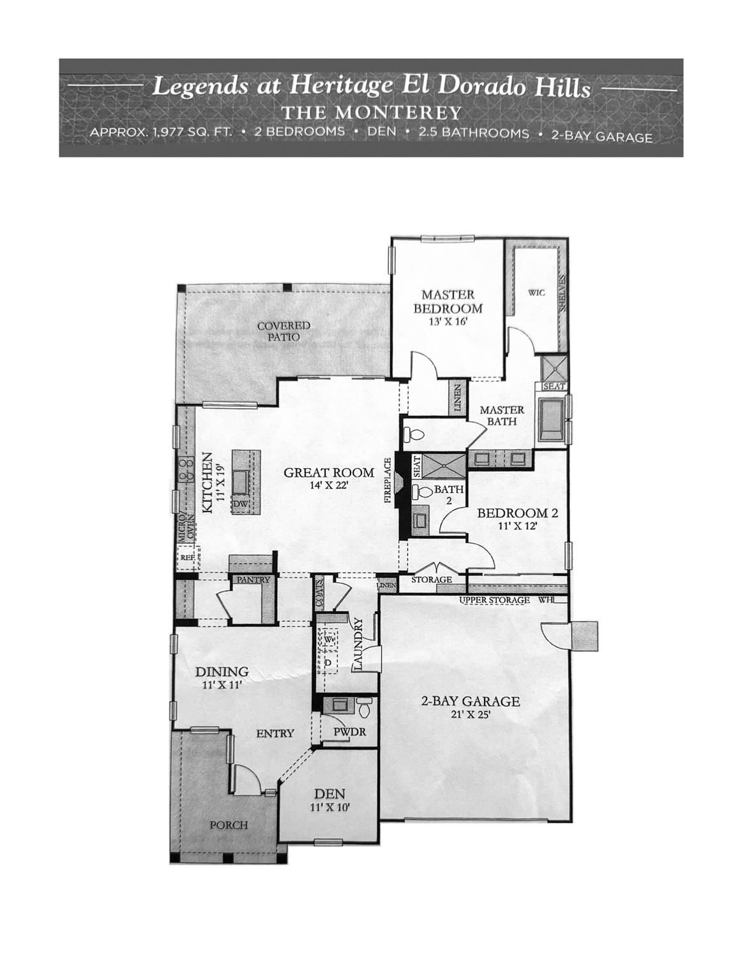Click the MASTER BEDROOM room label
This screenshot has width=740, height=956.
(448, 302)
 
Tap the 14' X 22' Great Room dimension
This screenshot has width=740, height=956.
(329, 486)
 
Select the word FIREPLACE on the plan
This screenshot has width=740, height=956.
(388, 480)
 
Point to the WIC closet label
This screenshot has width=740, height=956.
(536, 292)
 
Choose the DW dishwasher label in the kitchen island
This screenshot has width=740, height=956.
(240, 504)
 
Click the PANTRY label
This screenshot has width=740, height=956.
(253, 580)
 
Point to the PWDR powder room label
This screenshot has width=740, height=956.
(350, 731)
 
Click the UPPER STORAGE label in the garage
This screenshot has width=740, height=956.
(494, 600)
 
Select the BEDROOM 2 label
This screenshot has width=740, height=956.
(518, 513)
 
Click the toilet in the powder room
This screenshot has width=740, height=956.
(365, 707)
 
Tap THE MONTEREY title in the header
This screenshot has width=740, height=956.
(371, 113)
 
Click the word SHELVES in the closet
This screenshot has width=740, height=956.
(561, 294)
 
